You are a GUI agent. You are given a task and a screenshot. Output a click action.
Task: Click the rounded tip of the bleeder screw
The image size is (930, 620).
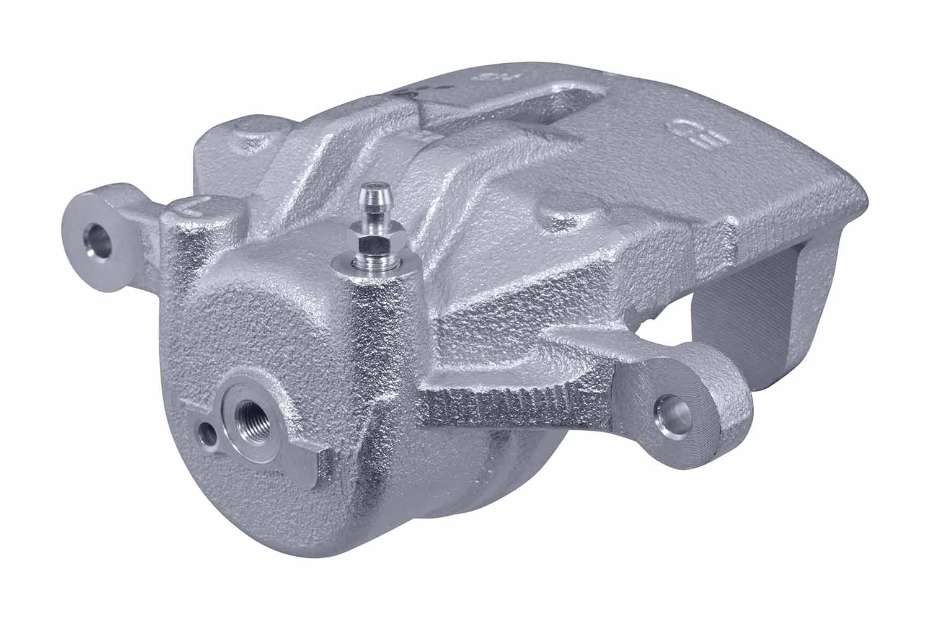(x=372, y=190)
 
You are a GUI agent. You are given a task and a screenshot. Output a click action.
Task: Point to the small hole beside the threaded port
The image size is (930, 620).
(x=205, y=433)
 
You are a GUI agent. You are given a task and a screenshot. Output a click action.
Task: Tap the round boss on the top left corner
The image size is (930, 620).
(x=255, y=139)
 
